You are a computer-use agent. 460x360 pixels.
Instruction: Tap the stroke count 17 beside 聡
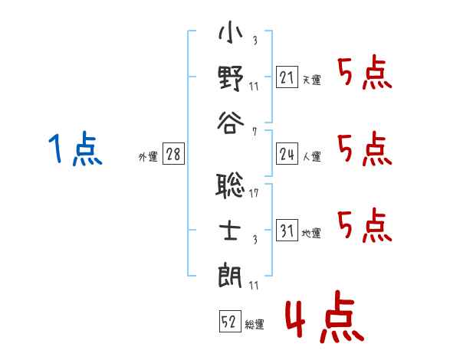254,193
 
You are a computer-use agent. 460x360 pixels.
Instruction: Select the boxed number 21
286,77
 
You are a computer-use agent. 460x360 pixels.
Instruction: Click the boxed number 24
286,155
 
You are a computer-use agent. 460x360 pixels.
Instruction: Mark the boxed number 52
229,322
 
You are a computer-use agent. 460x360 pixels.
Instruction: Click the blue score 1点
75,149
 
